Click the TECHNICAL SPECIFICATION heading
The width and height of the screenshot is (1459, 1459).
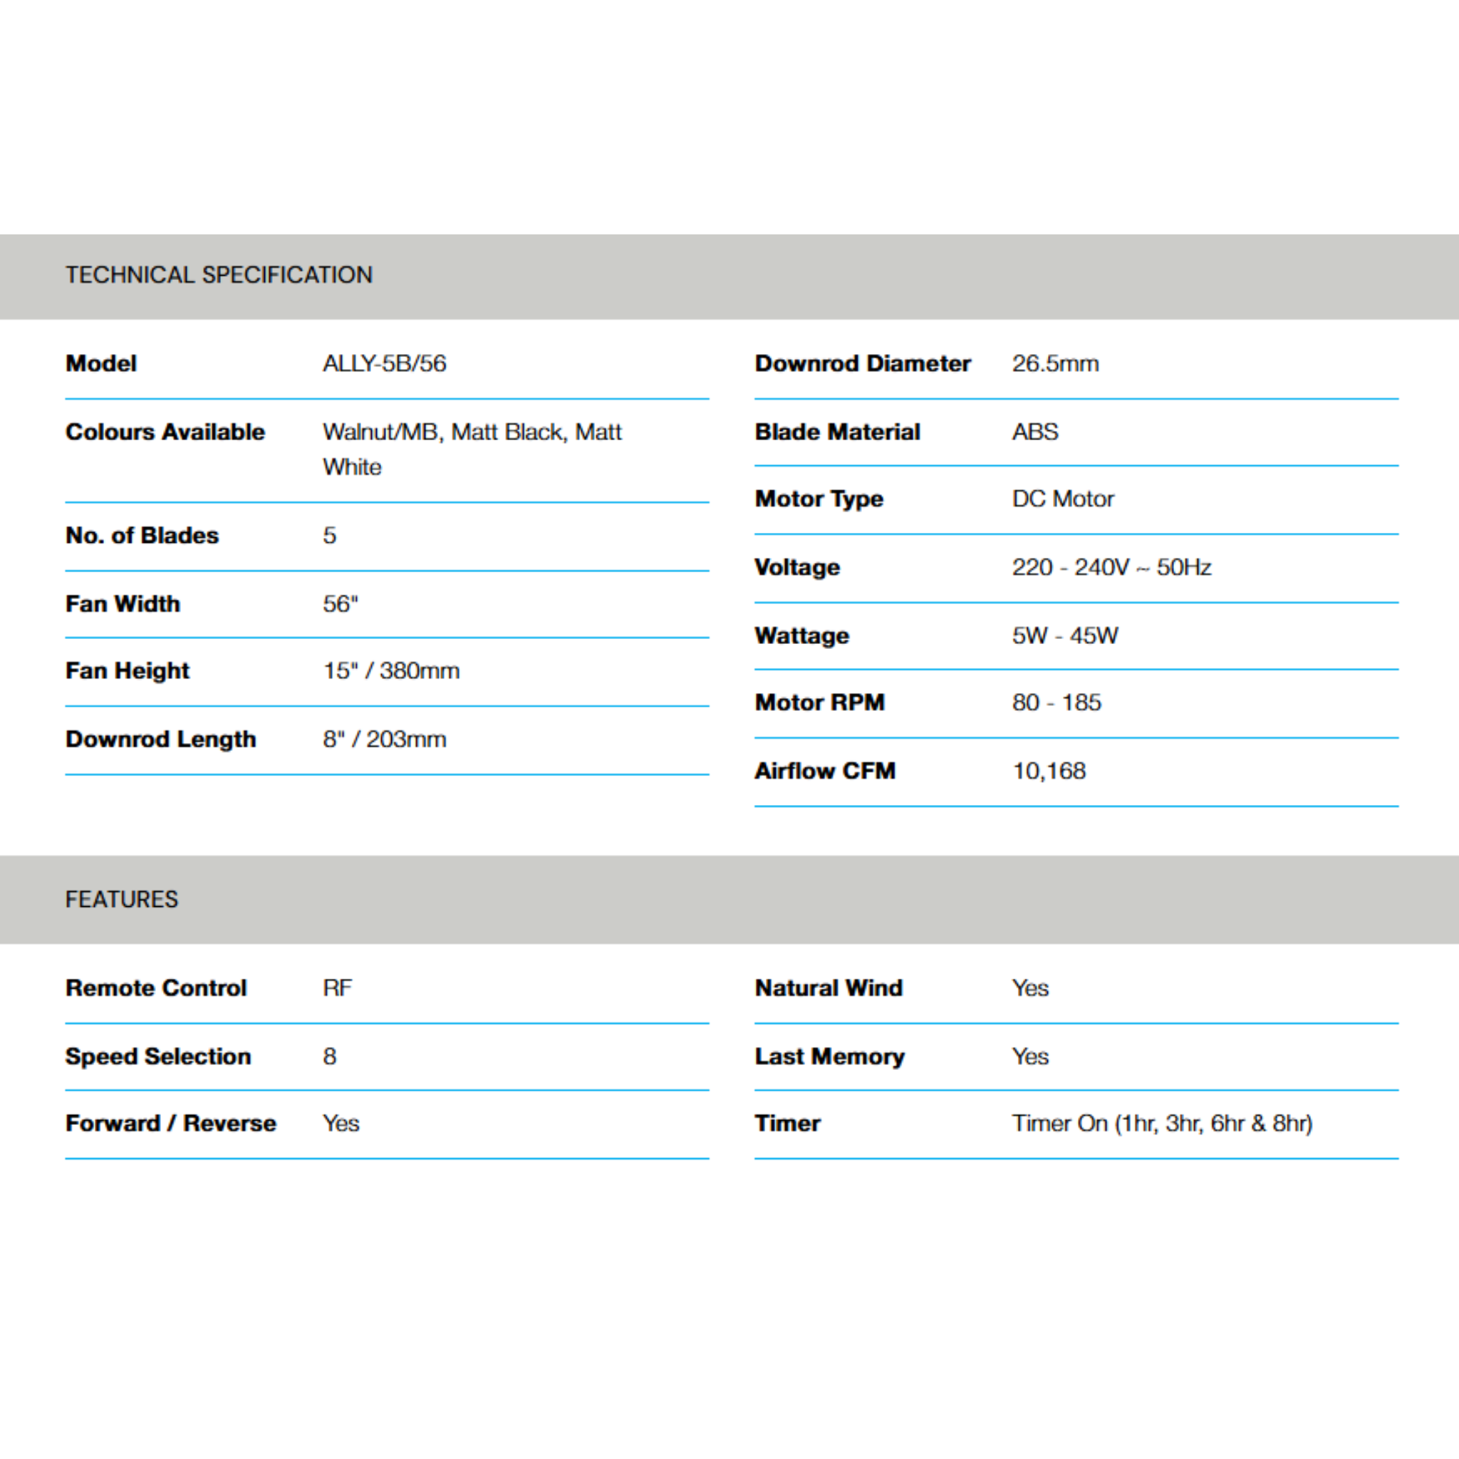tap(219, 275)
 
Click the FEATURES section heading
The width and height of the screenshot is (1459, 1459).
tap(122, 900)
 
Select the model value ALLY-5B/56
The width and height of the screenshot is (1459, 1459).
tap(385, 364)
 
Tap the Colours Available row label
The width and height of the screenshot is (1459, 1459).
tap(165, 432)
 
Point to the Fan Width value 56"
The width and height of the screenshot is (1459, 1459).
tap(341, 604)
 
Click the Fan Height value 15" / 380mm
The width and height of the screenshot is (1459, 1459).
tap(391, 670)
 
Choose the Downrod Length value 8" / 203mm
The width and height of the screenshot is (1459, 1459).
tap(385, 739)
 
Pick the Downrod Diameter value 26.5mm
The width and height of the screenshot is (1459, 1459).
tap(1055, 364)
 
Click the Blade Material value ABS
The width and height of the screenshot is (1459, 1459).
tap(1034, 432)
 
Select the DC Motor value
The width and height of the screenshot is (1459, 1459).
tap(1062, 499)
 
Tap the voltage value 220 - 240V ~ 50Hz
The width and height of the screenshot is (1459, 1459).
tap(1111, 567)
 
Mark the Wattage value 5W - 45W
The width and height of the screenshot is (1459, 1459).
tap(1065, 636)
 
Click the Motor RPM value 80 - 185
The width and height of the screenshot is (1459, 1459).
tap(1056, 703)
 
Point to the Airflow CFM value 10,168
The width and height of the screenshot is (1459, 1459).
tap(1049, 771)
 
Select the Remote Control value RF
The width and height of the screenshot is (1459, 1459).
tap(338, 989)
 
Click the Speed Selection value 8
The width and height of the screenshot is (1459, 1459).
tap(330, 1056)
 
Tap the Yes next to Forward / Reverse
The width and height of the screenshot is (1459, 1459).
tap(341, 1123)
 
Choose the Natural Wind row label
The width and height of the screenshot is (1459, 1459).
tap(829, 989)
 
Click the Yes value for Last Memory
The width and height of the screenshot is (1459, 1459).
tap(1030, 1056)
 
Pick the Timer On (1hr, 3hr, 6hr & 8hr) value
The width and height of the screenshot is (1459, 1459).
tap(1162, 1123)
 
